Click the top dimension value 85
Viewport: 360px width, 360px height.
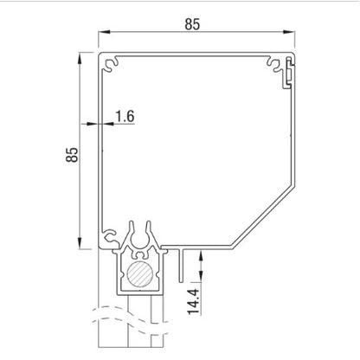(x=192, y=25)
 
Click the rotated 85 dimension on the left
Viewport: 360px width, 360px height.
(x=72, y=155)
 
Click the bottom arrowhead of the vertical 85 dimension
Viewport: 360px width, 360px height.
(x=85, y=245)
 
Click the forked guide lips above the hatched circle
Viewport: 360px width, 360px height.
(x=138, y=239)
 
